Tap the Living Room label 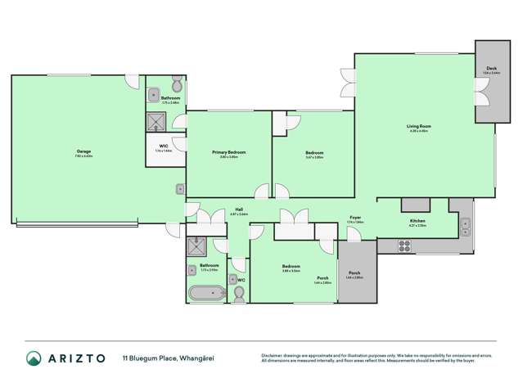419,127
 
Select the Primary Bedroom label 229,152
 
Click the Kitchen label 417,221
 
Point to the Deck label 491,71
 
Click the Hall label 238,210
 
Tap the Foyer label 356,219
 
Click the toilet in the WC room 239,292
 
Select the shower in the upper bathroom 156,122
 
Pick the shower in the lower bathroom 197,246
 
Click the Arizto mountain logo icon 34,358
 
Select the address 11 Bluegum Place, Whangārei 168,358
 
